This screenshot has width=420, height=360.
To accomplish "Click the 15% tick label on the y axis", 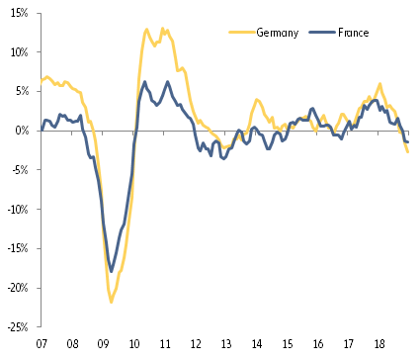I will (x=19, y=12).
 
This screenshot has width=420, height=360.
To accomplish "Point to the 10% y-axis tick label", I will (x=19, y=51).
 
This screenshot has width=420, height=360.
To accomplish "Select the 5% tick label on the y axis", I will (x=21, y=91).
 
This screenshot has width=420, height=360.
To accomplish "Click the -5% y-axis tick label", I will (x=20, y=169).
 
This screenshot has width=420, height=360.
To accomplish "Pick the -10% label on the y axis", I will (x=17, y=209).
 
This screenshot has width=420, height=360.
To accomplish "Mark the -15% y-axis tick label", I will (x=17, y=248).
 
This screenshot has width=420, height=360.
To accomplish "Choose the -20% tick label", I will (x=17, y=288).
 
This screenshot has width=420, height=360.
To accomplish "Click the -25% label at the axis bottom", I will (x=17, y=326).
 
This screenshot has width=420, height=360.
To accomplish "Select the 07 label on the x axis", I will (x=42, y=345).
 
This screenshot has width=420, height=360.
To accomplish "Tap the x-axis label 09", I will (x=103, y=345).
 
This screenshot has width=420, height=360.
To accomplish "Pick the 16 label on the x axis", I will (x=317, y=345).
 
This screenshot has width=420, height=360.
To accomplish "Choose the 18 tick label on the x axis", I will (x=378, y=345).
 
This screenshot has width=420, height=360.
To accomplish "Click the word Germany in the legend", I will (x=279, y=34).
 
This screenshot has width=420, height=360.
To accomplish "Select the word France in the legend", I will (x=352, y=34).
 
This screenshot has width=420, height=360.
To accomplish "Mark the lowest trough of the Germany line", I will (x=111, y=302).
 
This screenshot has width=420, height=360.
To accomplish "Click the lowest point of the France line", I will (x=112, y=271).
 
